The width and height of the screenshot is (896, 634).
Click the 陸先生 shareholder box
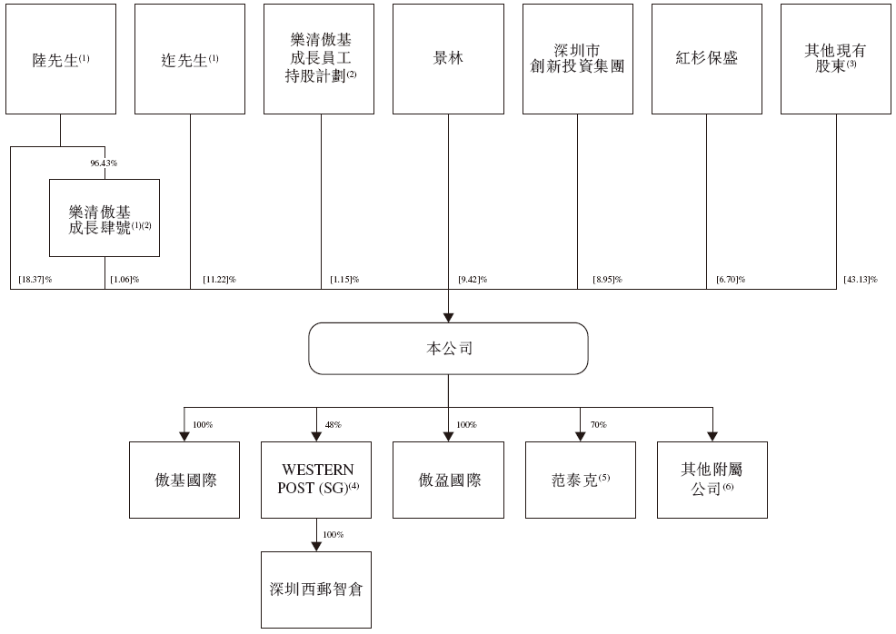click(61, 59)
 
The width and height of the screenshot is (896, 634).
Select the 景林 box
click(448, 59)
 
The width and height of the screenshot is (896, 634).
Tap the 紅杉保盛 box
click(707, 59)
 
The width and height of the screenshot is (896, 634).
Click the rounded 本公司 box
click(449, 349)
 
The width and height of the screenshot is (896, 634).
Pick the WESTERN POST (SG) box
click(316, 480)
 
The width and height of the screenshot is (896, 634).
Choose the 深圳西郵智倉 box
click(316, 590)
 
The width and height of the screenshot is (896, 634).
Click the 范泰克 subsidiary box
click(581, 480)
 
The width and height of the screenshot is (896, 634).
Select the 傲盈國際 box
click(449, 480)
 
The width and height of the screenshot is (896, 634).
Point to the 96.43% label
click(104, 163)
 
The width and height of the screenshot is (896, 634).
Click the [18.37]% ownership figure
click(35, 280)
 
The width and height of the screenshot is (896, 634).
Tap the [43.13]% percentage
click(860, 280)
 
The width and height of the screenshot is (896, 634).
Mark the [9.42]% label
click(473, 280)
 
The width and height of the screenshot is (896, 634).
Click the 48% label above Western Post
click(334, 425)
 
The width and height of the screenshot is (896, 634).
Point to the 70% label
click(598, 425)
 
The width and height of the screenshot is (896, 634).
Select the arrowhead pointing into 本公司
click(449, 318)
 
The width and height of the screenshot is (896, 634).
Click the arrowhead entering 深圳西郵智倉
click(316, 547)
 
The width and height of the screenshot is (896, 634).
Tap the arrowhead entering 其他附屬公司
click(712, 437)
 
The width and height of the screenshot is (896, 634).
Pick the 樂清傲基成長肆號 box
click(105, 218)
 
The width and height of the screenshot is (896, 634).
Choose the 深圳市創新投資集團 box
click(578, 59)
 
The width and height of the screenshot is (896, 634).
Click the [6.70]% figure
click(731, 280)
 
